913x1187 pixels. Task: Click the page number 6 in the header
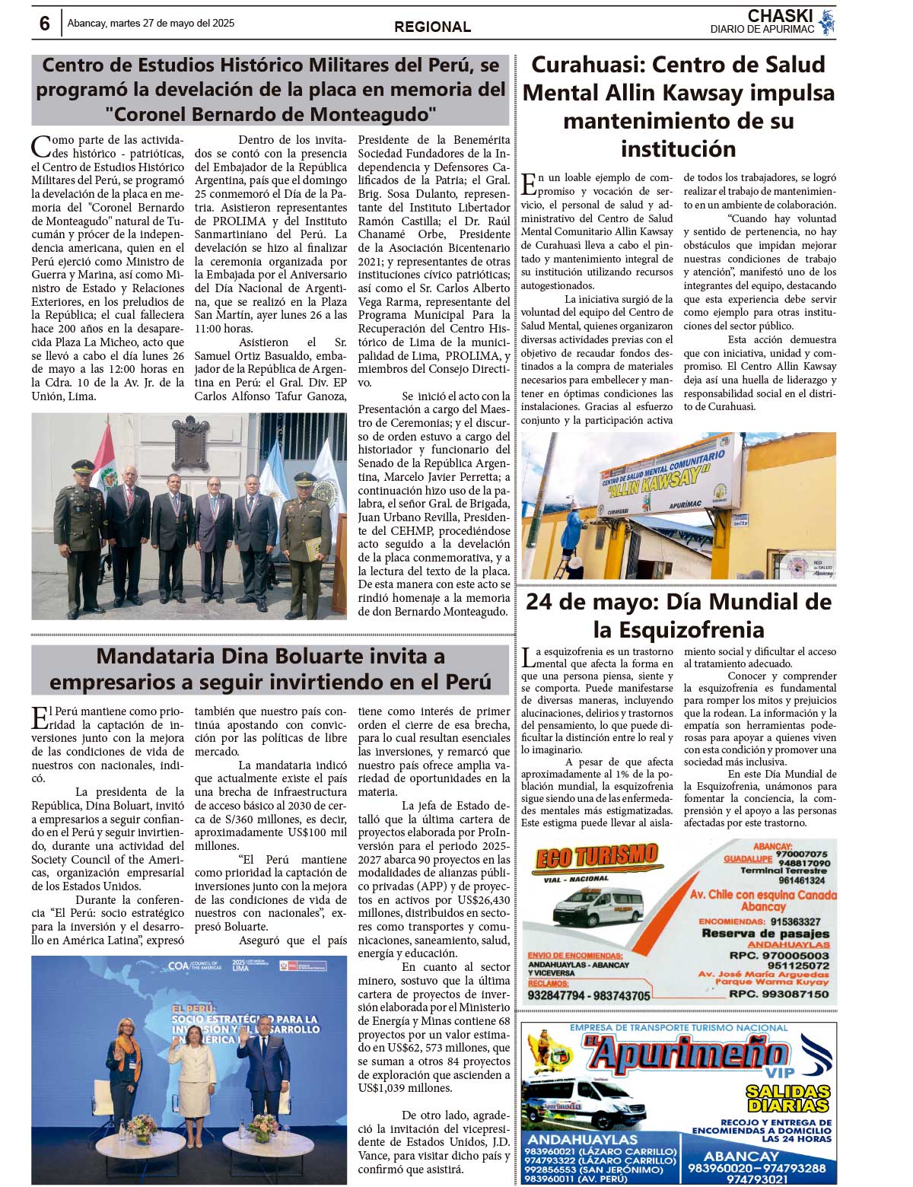coord(45,24)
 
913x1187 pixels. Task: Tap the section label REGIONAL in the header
coord(432,27)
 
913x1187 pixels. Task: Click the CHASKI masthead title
coord(780,16)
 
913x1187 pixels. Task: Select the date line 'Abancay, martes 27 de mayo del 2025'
coord(151,23)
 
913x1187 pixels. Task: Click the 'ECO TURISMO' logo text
coord(596,858)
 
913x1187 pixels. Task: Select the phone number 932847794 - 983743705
coord(588,995)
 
